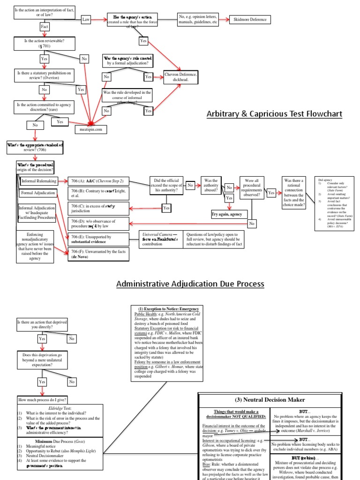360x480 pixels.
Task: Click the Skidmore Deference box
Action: point(254,19)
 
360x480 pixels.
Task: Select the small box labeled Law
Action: point(86,19)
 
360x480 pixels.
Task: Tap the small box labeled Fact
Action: point(45,27)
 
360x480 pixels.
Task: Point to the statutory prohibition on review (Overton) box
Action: point(44,75)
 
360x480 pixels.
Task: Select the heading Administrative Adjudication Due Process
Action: point(190,284)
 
